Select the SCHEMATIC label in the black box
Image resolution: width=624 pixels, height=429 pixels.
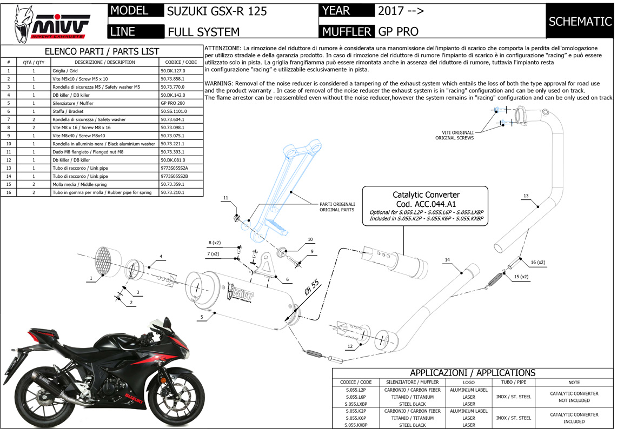[580, 22]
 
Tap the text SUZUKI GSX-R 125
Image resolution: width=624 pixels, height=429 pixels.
[216, 11]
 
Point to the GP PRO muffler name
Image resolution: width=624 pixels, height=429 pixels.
[399, 32]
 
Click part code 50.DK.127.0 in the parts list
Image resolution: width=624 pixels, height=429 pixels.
[173, 71]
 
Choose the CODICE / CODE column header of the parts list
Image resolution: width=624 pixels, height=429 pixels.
[181, 62]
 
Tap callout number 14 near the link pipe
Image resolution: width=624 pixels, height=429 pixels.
[447, 260]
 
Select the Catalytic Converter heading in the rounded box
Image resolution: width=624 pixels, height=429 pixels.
[426, 195]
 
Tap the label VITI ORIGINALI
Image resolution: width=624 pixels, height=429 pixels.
[455, 132]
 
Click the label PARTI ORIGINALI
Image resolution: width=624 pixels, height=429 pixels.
[337, 204]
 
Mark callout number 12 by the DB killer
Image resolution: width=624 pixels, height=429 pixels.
[350, 346]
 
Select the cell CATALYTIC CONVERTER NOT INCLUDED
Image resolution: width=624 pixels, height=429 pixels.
[574, 397]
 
